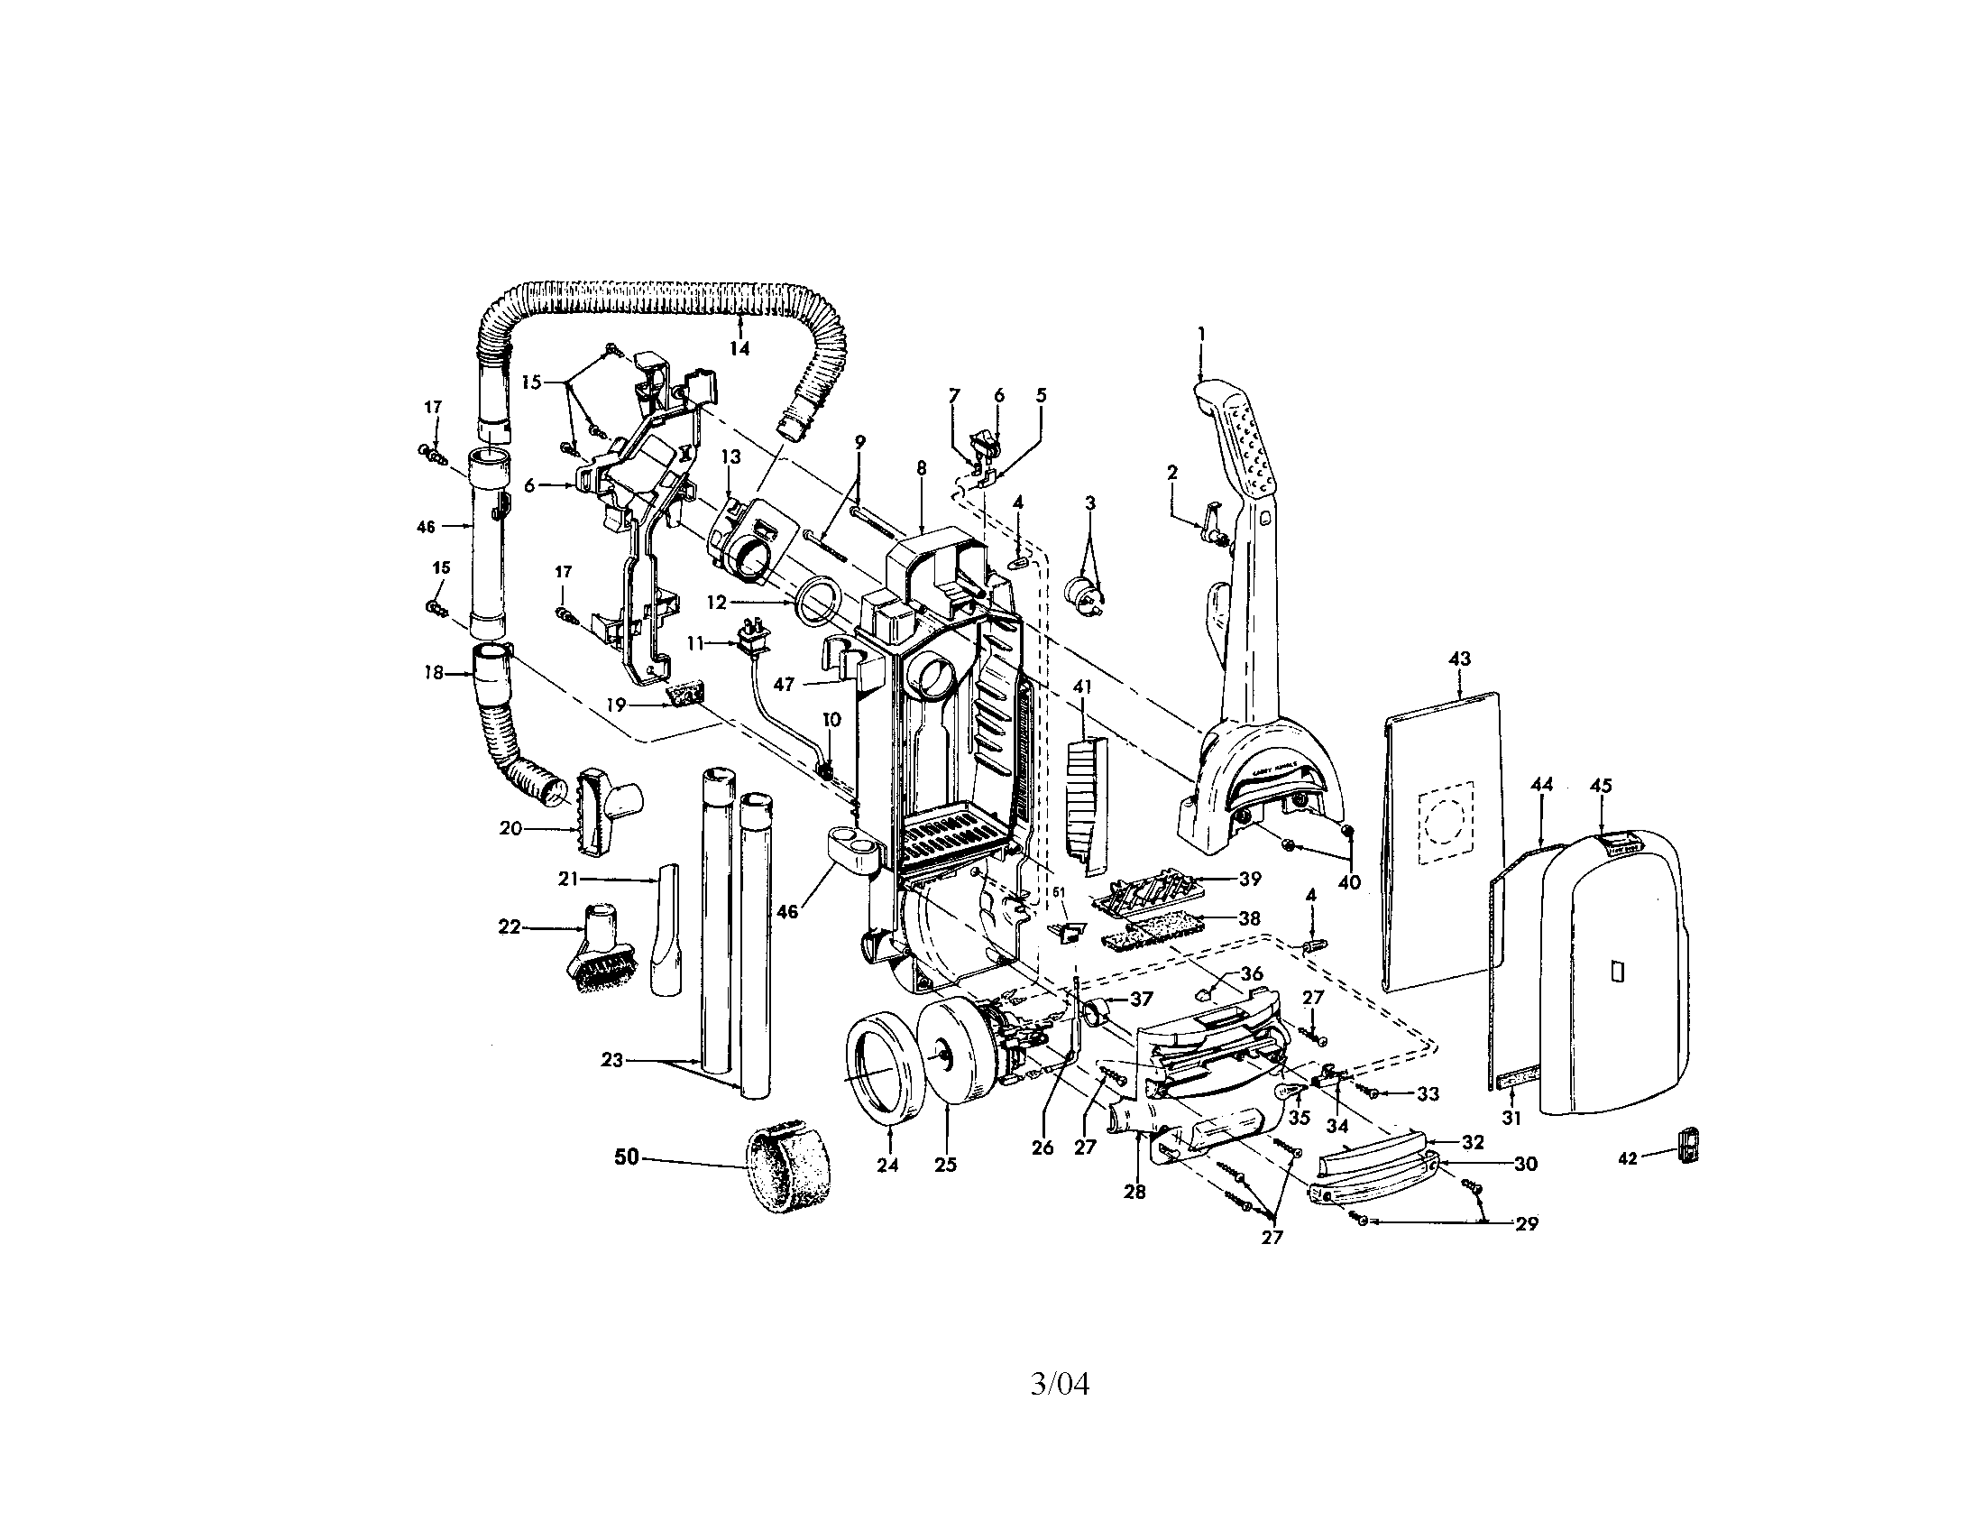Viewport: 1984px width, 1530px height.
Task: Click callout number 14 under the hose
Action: pyautogui.click(x=739, y=348)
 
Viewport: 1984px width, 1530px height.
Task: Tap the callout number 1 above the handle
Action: pyautogui.click(x=1201, y=335)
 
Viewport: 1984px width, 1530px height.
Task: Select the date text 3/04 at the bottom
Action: pyautogui.click(x=1060, y=1385)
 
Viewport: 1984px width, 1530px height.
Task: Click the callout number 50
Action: pyautogui.click(x=627, y=1157)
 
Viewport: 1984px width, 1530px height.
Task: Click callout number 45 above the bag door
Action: pyautogui.click(x=1601, y=785)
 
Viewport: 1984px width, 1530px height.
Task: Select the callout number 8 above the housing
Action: pyautogui.click(x=921, y=469)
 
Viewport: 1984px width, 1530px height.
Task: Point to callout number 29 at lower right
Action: pyautogui.click(x=1527, y=1224)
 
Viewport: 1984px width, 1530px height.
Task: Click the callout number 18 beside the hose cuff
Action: pyautogui.click(x=433, y=673)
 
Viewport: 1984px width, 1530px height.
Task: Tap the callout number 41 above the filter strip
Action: pyautogui.click(x=1081, y=687)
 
